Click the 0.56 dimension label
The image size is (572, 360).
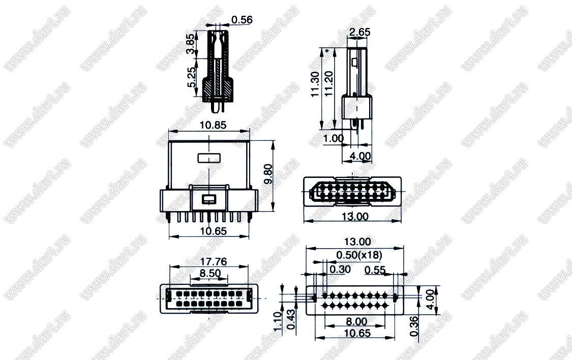pos(242,20)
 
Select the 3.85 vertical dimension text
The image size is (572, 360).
pos(190,45)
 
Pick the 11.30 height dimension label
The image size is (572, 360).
pos(315,84)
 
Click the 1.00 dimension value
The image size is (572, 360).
pos(333,138)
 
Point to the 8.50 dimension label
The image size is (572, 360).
pos(210,273)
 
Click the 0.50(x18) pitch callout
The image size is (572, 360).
pos(359,255)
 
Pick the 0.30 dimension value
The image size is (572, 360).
pos(340,269)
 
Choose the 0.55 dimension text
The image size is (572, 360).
pos(375,270)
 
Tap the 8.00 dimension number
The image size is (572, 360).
pos(356,321)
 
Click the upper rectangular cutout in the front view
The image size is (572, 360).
pos(209,158)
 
